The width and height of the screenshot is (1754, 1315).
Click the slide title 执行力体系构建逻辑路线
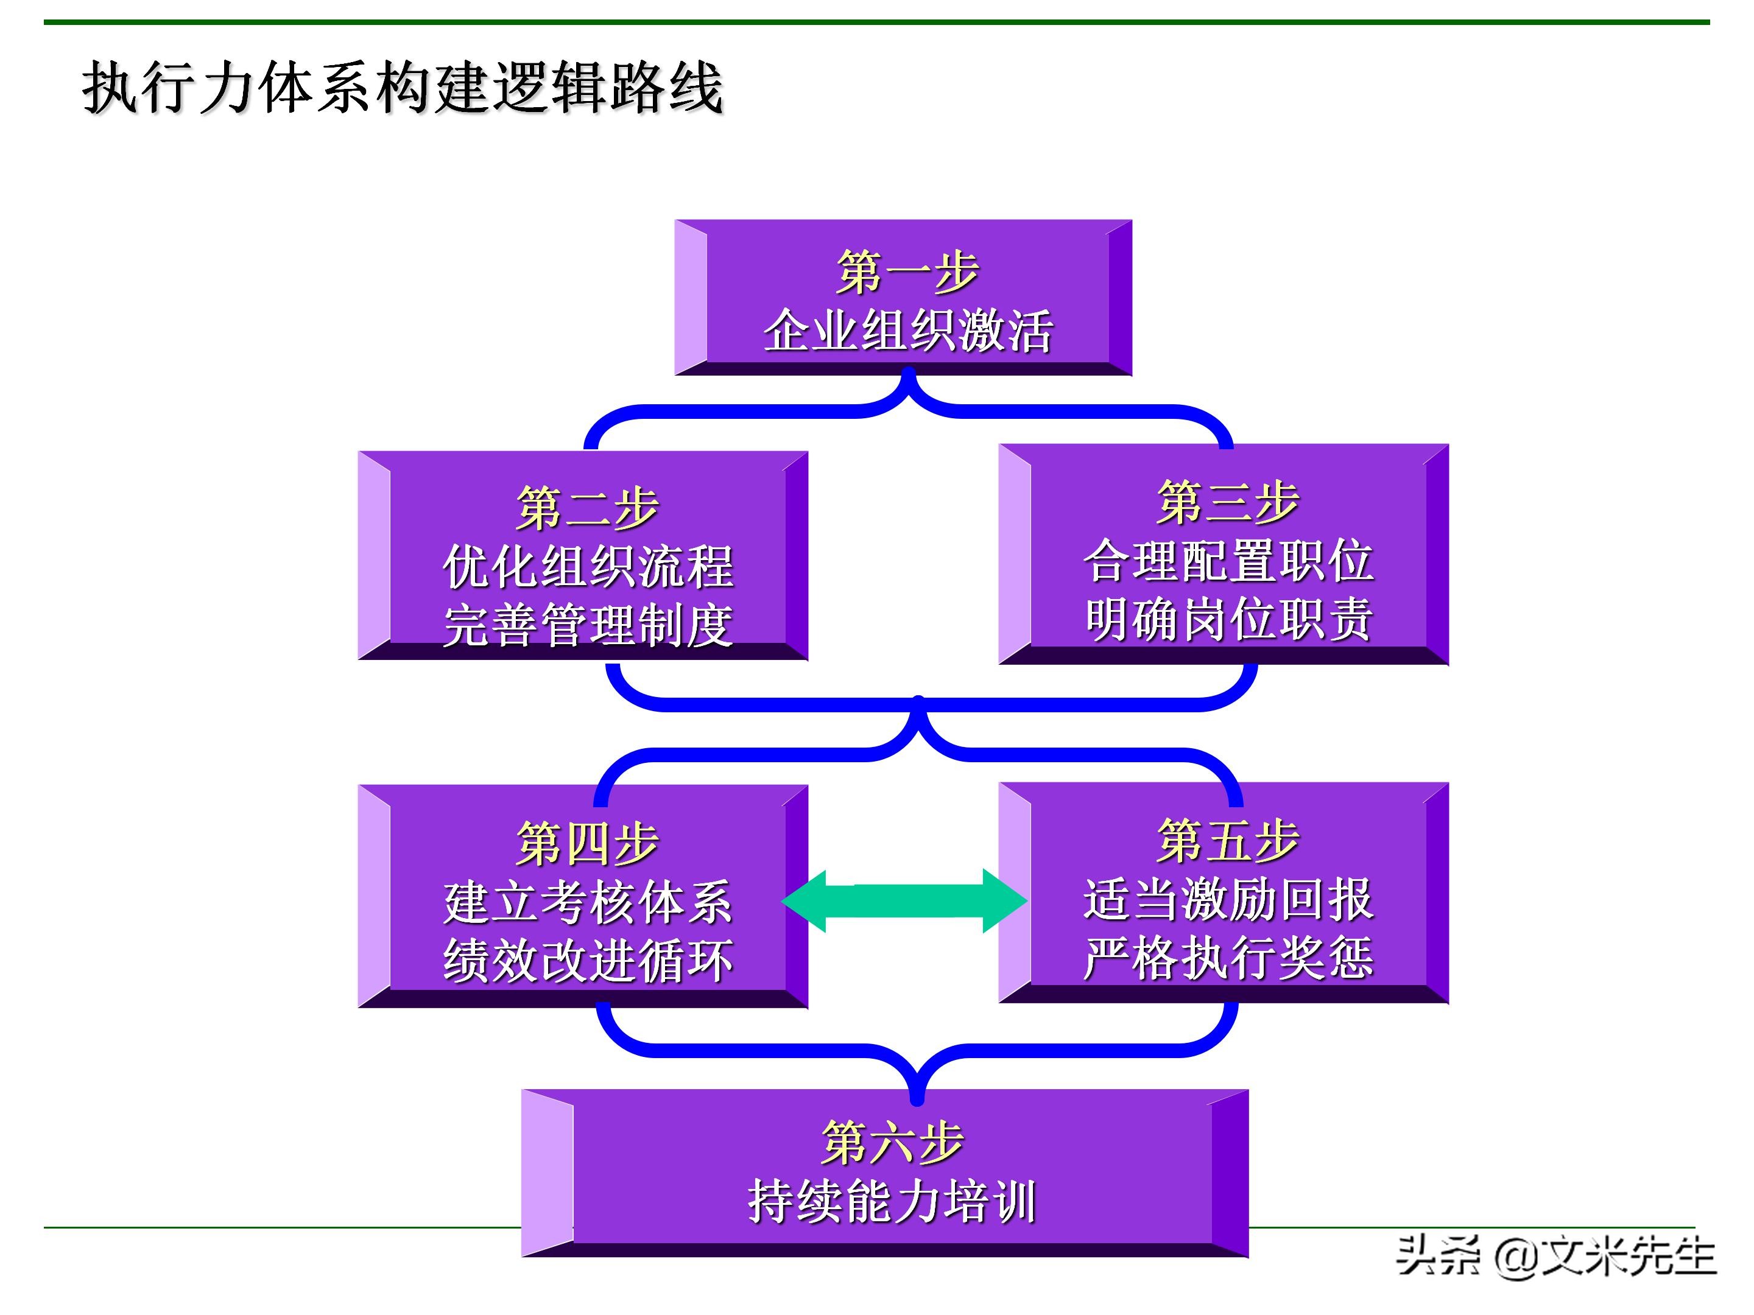[x=403, y=87]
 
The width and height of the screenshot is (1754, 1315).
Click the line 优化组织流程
[x=586, y=567]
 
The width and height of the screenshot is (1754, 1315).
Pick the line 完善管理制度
[x=586, y=625]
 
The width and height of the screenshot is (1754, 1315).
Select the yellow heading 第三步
[x=1227, y=502]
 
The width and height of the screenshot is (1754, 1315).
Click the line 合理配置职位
[x=1227, y=561]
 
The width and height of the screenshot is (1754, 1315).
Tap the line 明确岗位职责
[x=1227, y=619]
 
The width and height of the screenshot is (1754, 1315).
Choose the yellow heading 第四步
[x=586, y=843]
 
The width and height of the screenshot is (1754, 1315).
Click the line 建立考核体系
[x=586, y=902]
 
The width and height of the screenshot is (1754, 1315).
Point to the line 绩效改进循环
[x=586, y=961]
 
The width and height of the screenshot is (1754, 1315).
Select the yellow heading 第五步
[x=1227, y=840]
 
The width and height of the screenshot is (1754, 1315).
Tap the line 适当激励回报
[x=1227, y=900]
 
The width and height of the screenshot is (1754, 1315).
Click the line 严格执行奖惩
[x=1227, y=958]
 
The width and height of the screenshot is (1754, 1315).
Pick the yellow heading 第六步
[x=892, y=1142]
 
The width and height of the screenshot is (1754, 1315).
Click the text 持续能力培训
[x=892, y=1202]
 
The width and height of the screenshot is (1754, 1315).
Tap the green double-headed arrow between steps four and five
[x=904, y=900]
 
